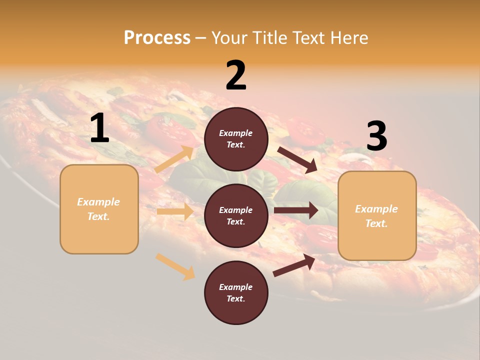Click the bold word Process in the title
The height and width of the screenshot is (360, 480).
coord(157,37)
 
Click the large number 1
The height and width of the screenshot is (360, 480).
coord(99,128)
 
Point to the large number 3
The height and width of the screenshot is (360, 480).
coord(376,136)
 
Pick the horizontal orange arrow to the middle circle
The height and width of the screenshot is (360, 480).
coord(175,211)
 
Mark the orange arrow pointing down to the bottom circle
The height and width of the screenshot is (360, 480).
coord(175,266)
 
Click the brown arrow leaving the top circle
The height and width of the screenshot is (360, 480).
coord(297,159)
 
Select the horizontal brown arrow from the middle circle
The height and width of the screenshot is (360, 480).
coord(295,210)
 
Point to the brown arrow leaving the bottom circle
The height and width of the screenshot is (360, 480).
coord(294,265)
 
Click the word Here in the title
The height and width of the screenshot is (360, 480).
coord(348,37)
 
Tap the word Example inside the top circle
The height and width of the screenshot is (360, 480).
coord(236,133)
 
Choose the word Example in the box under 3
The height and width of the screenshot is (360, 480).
coord(376,209)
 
